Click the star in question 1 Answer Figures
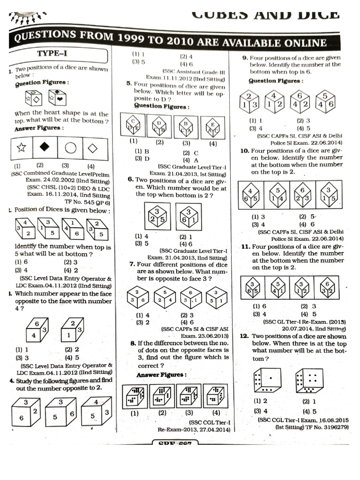(21, 148)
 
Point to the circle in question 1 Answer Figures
(70, 148)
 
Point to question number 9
(245, 58)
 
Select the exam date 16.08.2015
(330, 420)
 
